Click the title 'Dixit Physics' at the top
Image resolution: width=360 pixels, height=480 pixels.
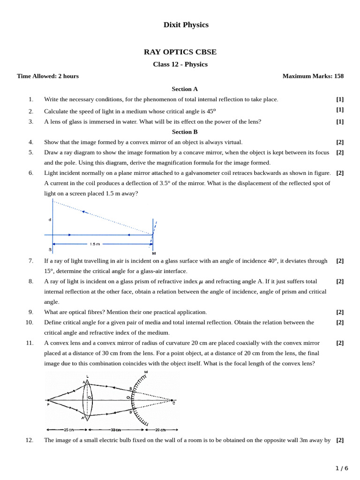[x=186, y=25]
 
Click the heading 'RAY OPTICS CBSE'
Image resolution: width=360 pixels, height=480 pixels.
[x=180, y=52]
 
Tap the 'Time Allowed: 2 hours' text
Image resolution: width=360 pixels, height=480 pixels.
[x=48, y=76]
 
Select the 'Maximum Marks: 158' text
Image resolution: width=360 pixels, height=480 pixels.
[x=313, y=76]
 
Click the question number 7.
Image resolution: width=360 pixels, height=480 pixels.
[x=31, y=261]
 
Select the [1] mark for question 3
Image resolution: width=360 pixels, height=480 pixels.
[x=340, y=121]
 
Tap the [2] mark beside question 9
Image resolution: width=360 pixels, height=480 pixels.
[x=340, y=312]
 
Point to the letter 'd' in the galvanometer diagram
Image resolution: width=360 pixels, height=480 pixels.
[x=50, y=219]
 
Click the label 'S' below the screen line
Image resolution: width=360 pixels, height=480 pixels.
[x=50, y=249]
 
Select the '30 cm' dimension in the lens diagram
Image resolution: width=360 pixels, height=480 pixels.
[x=114, y=430]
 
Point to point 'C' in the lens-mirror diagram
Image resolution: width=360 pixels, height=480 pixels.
[x=173, y=403]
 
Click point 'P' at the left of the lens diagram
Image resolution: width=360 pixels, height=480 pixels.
[x=48, y=404]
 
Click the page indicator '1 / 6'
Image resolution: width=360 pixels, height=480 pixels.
[x=342, y=468]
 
